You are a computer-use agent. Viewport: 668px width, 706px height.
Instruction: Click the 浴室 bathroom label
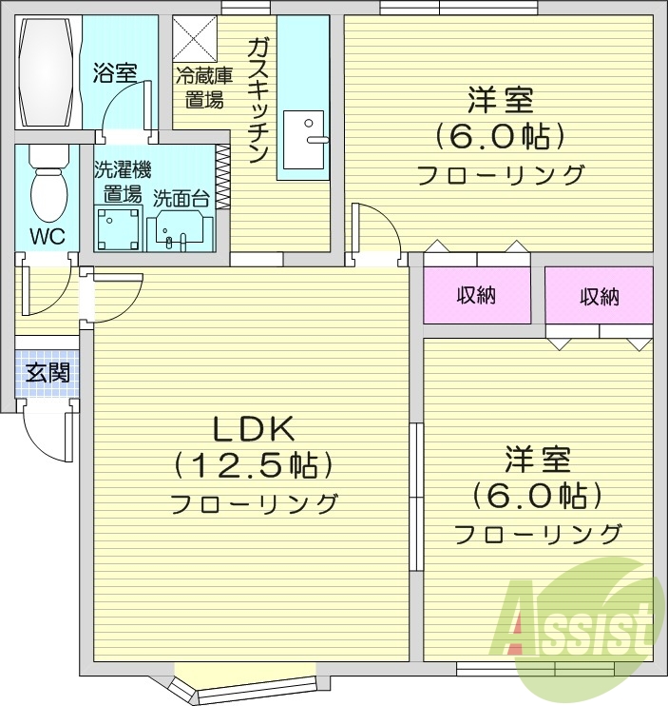(x=115, y=73)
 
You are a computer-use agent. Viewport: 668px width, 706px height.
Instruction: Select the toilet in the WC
(x=48, y=186)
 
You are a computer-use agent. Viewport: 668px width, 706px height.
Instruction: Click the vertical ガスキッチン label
(x=258, y=100)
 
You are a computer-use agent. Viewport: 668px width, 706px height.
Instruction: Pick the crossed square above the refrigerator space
(x=196, y=39)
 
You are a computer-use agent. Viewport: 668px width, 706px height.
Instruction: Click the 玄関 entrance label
(x=47, y=373)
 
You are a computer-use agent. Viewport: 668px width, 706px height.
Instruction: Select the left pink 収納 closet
(x=476, y=296)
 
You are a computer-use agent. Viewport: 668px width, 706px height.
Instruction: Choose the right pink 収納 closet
(x=600, y=296)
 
